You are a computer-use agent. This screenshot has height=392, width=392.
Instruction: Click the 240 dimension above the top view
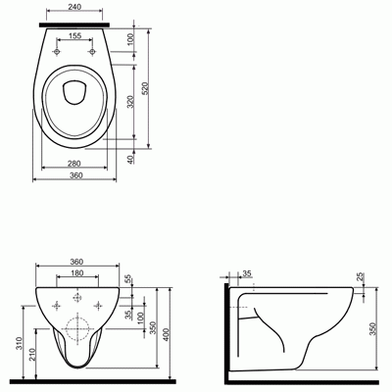75,7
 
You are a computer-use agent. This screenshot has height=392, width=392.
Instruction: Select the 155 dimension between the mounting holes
75,36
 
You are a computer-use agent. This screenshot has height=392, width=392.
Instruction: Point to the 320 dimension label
130,102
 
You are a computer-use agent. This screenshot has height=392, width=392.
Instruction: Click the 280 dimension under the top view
74,164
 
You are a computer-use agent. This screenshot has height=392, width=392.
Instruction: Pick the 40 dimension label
130,160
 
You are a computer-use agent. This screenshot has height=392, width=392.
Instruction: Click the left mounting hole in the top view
57,52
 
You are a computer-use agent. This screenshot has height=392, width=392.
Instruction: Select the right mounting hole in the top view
92,52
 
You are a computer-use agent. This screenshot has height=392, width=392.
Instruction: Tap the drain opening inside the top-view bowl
74,92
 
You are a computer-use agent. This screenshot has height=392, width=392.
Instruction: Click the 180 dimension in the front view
77,273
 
